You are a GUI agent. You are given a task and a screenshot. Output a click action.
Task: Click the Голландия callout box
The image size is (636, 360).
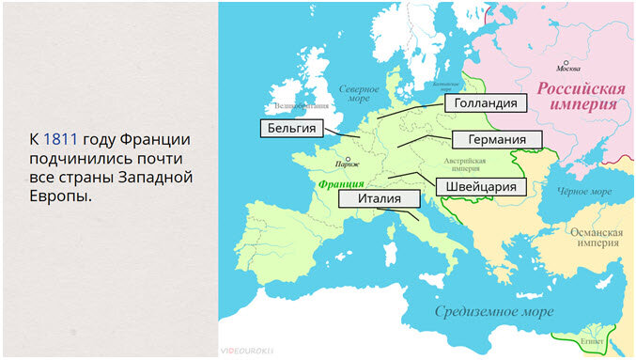tap(484, 102)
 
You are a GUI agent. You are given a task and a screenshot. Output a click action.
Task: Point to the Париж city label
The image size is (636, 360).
tap(327, 164)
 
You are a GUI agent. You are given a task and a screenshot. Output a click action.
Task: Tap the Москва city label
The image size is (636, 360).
tap(568, 69)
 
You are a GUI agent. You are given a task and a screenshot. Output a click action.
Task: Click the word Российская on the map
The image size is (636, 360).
tap(581, 88)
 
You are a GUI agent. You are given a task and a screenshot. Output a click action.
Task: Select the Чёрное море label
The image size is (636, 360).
tap(585, 191)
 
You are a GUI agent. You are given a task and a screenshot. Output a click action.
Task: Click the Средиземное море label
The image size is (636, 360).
tap(491, 310)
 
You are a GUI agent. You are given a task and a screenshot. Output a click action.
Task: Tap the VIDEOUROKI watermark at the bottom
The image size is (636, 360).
tap(246, 350)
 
